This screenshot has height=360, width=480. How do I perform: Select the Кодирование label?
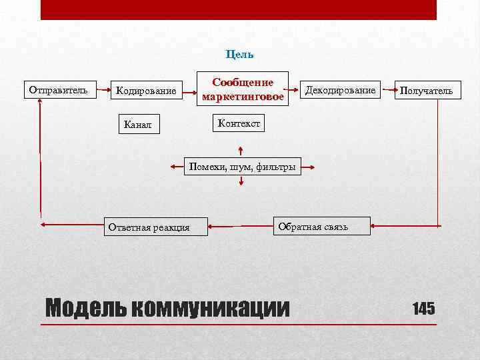(x=146, y=91)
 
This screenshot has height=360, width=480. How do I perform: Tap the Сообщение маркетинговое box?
(x=243, y=89)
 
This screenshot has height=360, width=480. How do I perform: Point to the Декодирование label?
(x=340, y=90)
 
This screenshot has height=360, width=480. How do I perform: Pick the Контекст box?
(x=238, y=123)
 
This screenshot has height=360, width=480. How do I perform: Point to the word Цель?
(x=240, y=54)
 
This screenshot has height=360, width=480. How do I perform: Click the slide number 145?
(x=423, y=309)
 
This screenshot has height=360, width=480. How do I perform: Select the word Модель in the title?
(x=84, y=308)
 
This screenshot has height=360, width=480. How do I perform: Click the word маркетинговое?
(x=243, y=97)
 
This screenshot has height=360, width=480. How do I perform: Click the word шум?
(x=240, y=167)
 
